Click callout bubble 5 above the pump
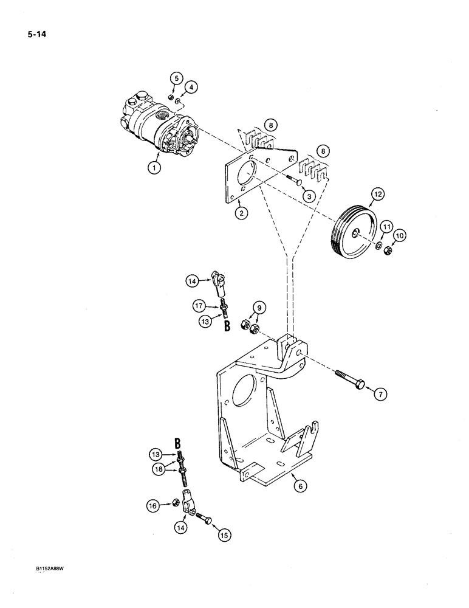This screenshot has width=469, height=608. click(x=176, y=78)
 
